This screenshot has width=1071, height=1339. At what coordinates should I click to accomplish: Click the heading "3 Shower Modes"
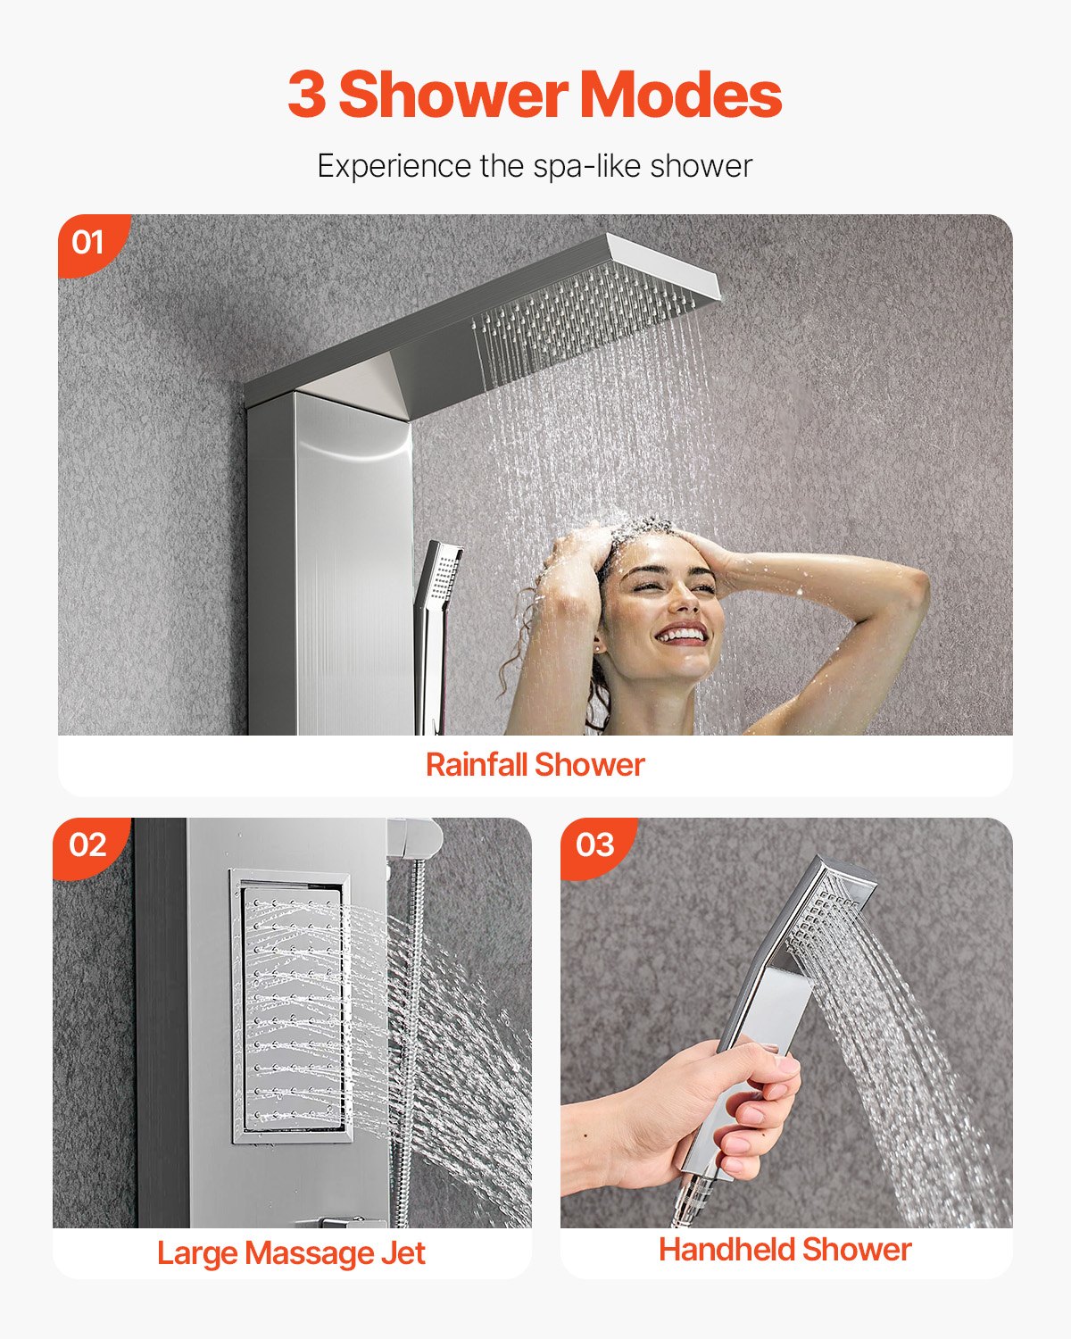click(535, 95)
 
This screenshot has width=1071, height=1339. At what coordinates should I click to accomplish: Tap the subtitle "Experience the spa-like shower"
click(535, 166)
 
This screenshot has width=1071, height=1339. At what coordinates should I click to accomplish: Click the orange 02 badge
click(87, 844)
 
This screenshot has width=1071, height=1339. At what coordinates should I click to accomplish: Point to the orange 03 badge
click(595, 844)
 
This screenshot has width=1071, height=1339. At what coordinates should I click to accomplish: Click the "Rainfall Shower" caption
click(535, 765)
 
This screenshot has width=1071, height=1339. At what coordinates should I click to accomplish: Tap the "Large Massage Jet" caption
click(291, 1253)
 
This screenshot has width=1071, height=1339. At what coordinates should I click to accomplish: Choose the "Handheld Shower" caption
click(785, 1250)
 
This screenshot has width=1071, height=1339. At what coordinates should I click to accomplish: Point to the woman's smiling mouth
click(683, 636)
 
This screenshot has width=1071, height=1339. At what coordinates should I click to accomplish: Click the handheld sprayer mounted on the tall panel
click(435, 625)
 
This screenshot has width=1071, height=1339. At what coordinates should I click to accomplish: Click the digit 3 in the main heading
click(306, 95)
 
